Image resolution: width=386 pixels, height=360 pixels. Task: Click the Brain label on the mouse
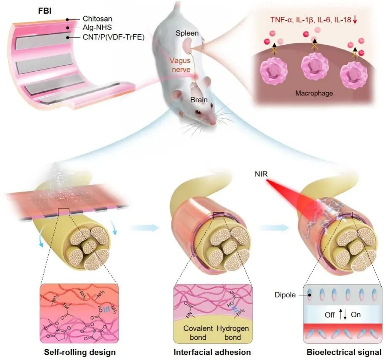click(x=198, y=100)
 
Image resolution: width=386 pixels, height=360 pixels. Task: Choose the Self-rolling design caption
click(x=80, y=352)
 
